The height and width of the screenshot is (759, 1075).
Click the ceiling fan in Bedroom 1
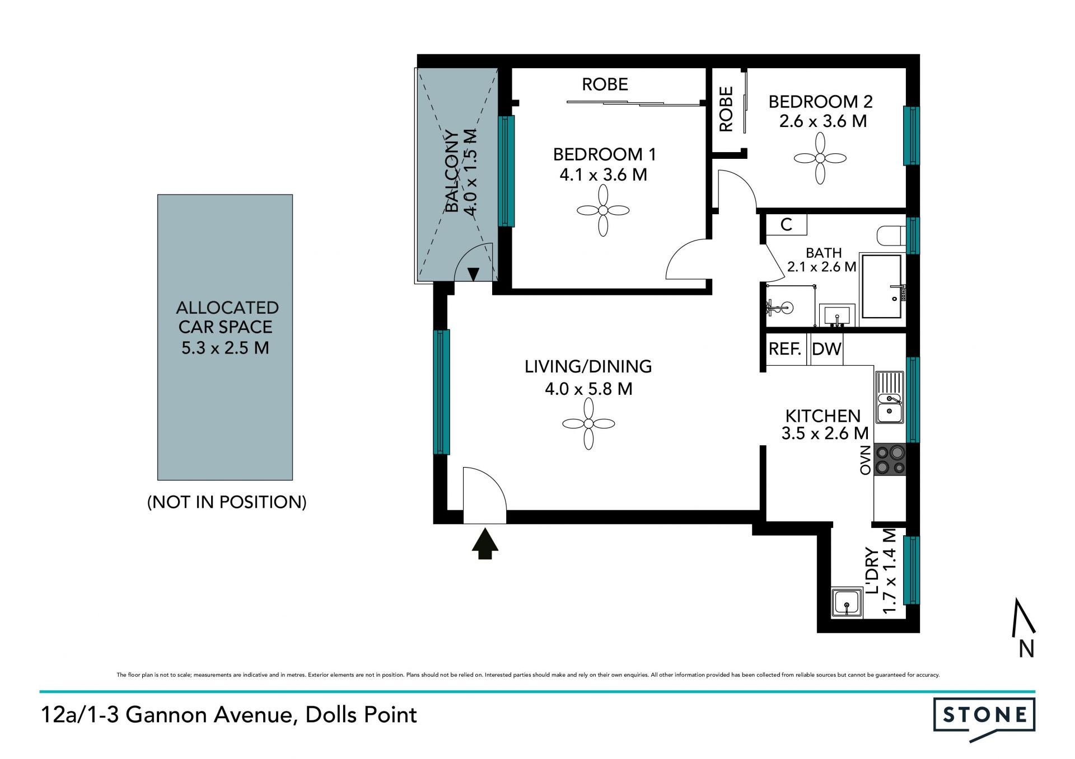603,210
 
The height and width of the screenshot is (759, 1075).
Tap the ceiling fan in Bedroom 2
820,158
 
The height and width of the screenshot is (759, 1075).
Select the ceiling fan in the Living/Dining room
588,423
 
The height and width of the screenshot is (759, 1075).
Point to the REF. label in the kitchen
785,349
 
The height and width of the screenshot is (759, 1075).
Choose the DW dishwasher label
826,349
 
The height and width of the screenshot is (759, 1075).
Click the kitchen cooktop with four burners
890,459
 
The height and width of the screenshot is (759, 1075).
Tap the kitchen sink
890,398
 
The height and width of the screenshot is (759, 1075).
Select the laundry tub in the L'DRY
847,603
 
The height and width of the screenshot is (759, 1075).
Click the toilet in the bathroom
891,235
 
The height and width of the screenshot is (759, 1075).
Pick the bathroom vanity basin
837,315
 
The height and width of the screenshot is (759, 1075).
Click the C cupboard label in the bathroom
786,224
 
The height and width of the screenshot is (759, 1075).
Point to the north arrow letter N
1026,649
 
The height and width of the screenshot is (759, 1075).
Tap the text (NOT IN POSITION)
227,502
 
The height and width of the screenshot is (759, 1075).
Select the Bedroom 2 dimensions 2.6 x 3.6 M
823,121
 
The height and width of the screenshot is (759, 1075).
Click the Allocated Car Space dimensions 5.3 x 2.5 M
225,347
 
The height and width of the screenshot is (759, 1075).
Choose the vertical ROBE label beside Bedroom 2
726,109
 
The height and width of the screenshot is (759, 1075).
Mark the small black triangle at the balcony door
473,274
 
